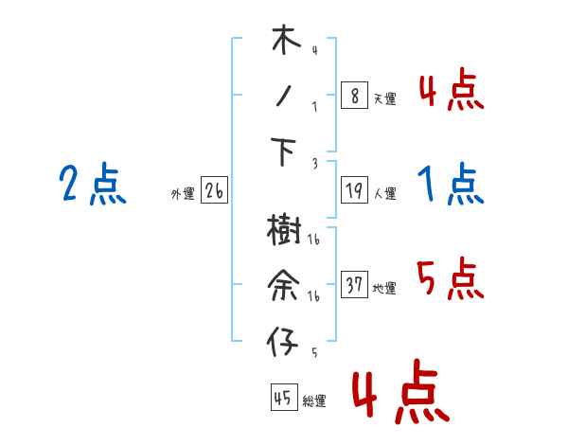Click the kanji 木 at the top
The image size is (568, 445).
click(x=284, y=42)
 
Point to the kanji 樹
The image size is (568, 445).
click(x=284, y=229)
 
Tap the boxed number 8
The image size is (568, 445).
click(x=354, y=96)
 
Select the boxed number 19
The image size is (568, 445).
click(x=354, y=191)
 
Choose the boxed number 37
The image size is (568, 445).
click(x=354, y=285)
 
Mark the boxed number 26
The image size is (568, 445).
click(x=214, y=191)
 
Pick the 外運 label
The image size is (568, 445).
click(x=183, y=194)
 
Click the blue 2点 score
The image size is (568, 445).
click(x=92, y=185)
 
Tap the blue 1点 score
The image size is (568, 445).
click(x=450, y=185)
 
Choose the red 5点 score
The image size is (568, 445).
click(x=450, y=278)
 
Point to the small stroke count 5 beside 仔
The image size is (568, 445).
click(x=313, y=351)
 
